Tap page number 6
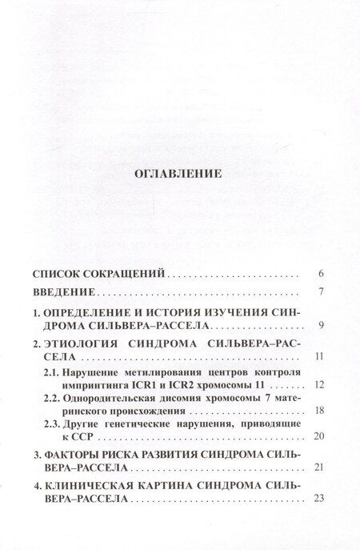(x=320, y=273)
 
